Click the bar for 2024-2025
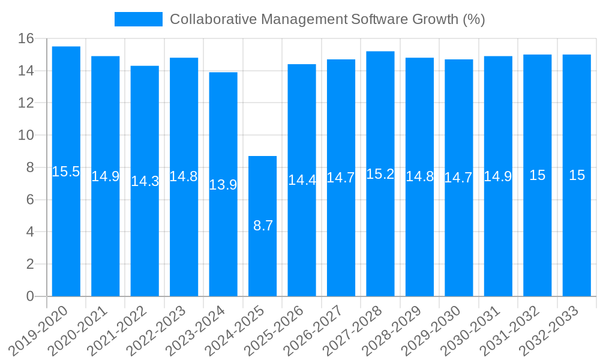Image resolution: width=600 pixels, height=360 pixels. (263, 226)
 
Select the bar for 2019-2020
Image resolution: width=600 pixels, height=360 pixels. (66, 172)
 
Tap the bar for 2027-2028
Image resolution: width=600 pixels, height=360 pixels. (380, 174)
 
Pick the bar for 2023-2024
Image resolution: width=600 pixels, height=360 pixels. (223, 184)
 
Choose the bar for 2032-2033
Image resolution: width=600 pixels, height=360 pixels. (577, 175)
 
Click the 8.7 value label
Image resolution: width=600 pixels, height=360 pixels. (263, 226)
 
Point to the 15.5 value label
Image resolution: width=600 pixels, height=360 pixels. (66, 172)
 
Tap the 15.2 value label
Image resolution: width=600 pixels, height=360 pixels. (380, 174)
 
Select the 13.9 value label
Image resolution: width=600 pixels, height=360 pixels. (223, 185)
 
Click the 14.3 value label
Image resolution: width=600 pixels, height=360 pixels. (145, 181)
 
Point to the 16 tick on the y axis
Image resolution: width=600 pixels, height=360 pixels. (26, 39)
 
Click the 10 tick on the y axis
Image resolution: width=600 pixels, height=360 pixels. (26, 136)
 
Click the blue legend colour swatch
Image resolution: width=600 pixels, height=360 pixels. (139, 19)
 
